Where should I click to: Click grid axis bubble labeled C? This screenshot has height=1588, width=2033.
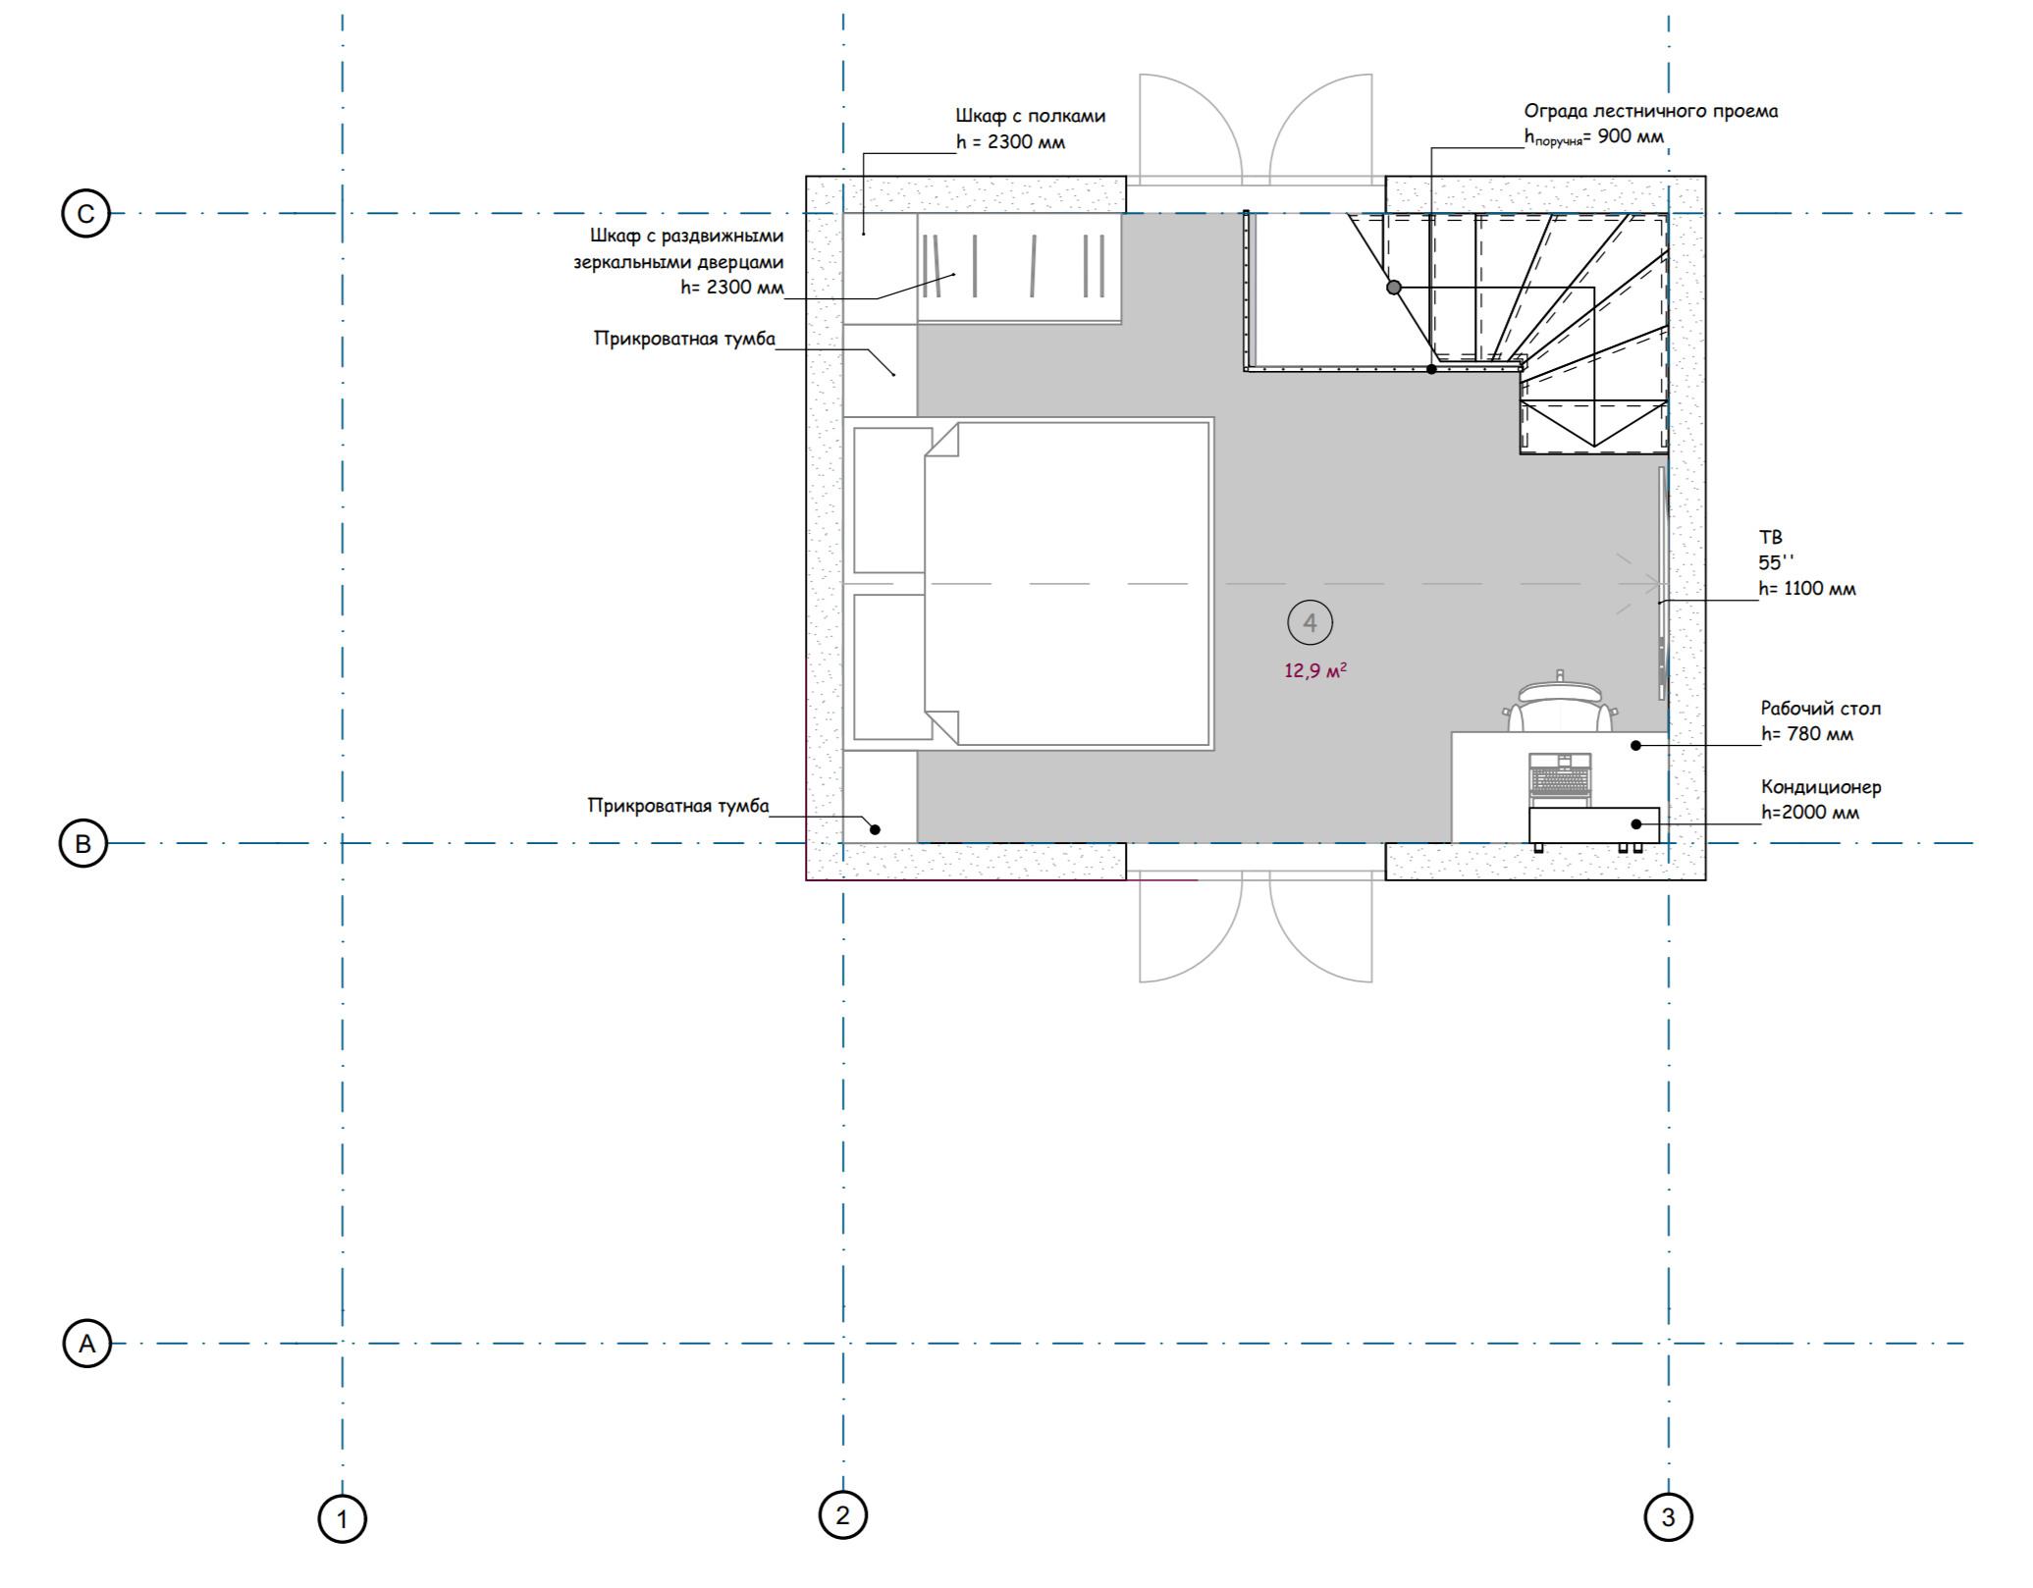click(x=85, y=214)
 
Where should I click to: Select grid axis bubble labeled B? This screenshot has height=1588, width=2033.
click(x=83, y=843)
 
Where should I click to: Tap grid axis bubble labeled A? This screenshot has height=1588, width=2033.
click(x=87, y=1343)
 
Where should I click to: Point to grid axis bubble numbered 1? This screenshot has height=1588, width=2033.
click(x=342, y=1519)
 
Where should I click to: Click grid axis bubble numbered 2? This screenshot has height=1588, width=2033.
click(x=842, y=1514)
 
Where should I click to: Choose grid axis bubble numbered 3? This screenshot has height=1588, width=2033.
click(x=1668, y=1517)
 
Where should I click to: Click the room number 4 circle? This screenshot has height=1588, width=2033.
click(x=1310, y=622)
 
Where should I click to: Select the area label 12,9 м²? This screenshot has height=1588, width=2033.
click(x=1315, y=670)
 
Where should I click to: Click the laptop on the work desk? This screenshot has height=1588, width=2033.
click(x=1560, y=780)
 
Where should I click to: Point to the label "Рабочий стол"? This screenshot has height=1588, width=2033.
click(x=1821, y=708)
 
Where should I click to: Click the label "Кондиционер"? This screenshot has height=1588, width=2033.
click(x=1821, y=786)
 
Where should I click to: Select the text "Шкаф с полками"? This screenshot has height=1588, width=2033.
click(x=1031, y=116)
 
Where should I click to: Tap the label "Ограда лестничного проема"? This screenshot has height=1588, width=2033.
click(x=1651, y=111)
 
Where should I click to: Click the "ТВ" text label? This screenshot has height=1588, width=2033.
click(x=1770, y=537)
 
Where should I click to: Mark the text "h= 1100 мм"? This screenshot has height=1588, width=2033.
click(x=1807, y=589)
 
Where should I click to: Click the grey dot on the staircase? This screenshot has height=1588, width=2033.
click(x=1394, y=288)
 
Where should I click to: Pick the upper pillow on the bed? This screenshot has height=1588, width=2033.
click(x=892, y=500)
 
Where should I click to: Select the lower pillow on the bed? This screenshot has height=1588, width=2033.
click(x=892, y=667)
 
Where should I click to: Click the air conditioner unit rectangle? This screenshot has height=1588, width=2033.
click(x=1594, y=825)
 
